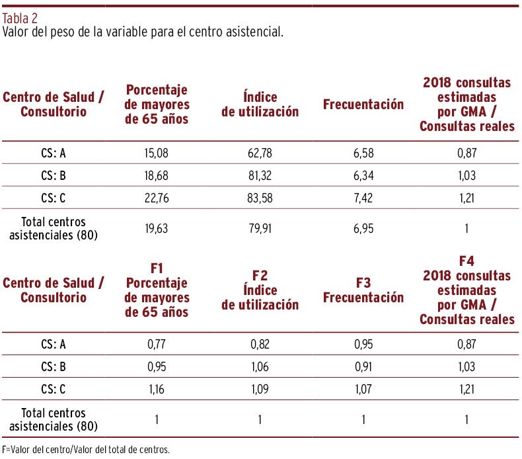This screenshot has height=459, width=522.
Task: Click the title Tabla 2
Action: click(x=20, y=18)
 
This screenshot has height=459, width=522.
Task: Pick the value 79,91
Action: click(x=260, y=228)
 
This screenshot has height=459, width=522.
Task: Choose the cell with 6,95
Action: click(x=363, y=228)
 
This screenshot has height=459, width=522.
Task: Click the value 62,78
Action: click(x=260, y=154)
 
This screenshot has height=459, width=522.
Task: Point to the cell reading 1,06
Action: click(x=260, y=364)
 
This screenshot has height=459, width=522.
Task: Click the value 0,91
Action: click(x=363, y=364)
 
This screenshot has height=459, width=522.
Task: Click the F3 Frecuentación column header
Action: click(x=363, y=290)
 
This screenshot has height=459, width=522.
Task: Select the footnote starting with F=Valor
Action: click(x=86, y=450)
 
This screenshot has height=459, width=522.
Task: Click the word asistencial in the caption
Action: click(x=254, y=31)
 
